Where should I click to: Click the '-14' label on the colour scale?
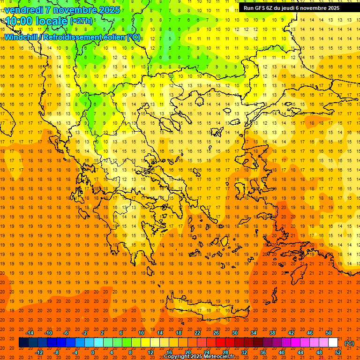pos(30,333)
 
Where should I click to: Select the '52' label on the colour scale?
pos(338,352)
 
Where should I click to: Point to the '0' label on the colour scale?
pos(92,352)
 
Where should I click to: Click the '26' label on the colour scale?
pos(216,333)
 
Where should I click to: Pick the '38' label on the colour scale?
pos(272,333)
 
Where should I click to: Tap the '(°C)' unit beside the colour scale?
pos(349,343)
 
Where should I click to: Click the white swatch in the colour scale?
pos(333,343)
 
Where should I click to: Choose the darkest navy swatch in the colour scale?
pos(23,343)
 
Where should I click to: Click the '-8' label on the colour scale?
pos(57,352)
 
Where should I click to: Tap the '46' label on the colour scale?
pos(310,333)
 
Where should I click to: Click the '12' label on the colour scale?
pos(150,352)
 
